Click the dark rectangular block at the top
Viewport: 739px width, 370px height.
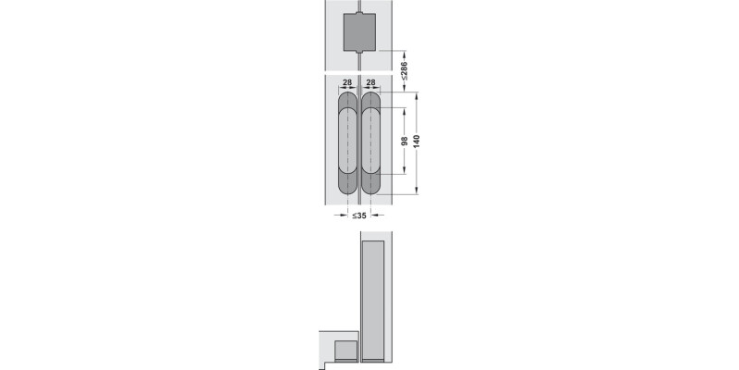pyautogui.click(x=359, y=32)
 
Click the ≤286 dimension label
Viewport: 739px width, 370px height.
pyautogui.click(x=404, y=71)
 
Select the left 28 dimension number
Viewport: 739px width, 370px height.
pyautogui.click(x=347, y=82)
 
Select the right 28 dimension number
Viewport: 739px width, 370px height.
pyautogui.click(x=371, y=82)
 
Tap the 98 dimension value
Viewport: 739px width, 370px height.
pyautogui.click(x=404, y=142)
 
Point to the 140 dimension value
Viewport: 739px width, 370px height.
pyautogui.click(x=417, y=142)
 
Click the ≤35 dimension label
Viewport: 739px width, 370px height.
pyautogui.click(x=359, y=216)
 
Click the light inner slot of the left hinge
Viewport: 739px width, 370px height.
pyautogui.click(x=348, y=142)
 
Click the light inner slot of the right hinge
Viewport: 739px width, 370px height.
pyautogui.click(x=371, y=142)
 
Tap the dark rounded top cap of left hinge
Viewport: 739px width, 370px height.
pyautogui.click(x=348, y=98)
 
